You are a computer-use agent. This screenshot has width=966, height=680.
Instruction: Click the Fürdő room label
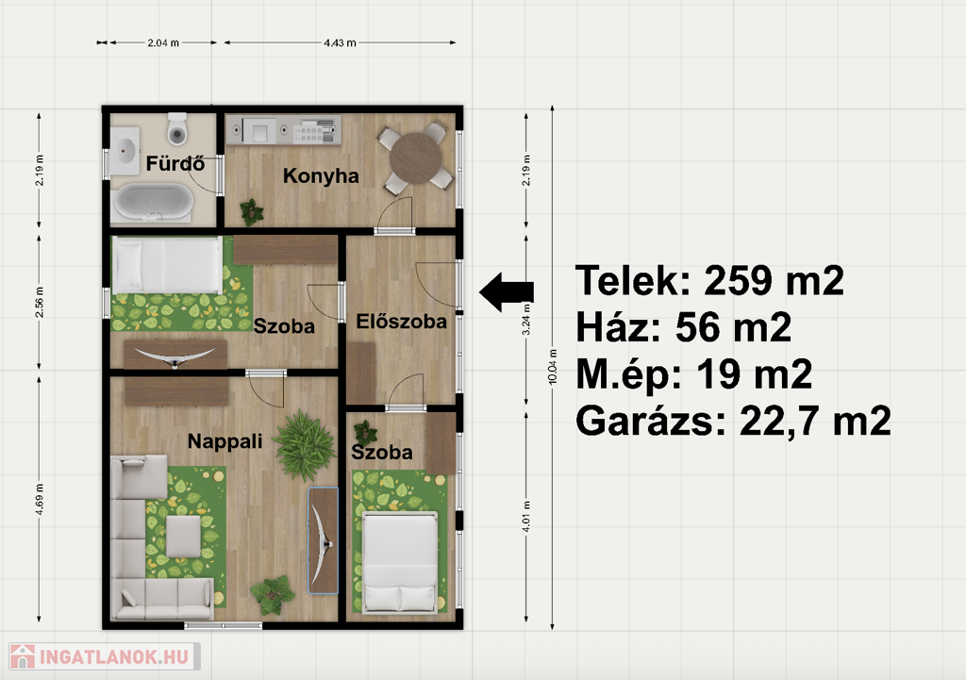click(x=175, y=163)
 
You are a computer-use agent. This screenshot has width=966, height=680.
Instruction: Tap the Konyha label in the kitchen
click(x=321, y=176)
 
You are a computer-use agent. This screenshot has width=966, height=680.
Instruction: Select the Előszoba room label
click(x=401, y=321)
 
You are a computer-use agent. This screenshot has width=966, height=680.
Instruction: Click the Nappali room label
click(x=225, y=441)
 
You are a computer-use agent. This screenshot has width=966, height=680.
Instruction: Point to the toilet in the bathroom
click(x=177, y=128)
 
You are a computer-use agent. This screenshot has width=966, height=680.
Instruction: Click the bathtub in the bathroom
click(x=154, y=202)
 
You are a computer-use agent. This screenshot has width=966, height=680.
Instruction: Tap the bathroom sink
click(x=125, y=151)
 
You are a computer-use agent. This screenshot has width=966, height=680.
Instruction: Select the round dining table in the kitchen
click(x=416, y=158)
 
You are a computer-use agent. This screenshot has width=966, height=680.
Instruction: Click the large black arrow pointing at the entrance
click(x=507, y=292)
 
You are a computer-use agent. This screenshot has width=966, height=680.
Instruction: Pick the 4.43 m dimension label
click(x=340, y=43)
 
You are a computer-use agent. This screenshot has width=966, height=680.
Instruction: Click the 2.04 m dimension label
click(x=163, y=43)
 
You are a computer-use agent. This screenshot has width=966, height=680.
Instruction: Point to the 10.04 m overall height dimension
click(x=553, y=367)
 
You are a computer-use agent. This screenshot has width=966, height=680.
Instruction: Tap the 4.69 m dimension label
click(x=40, y=500)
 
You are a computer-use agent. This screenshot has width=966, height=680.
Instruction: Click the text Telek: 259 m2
click(x=709, y=281)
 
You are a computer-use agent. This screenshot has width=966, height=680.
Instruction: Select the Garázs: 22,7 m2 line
click(x=733, y=422)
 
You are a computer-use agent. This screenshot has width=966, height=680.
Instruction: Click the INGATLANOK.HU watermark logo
click(x=104, y=656)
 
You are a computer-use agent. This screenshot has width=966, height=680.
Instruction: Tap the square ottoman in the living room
click(x=184, y=536)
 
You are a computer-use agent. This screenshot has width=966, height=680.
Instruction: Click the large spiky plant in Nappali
click(x=305, y=445)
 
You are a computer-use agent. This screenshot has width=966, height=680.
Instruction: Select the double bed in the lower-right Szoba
click(x=400, y=562)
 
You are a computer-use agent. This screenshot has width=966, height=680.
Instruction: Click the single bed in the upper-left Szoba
click(x=166, y=265)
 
